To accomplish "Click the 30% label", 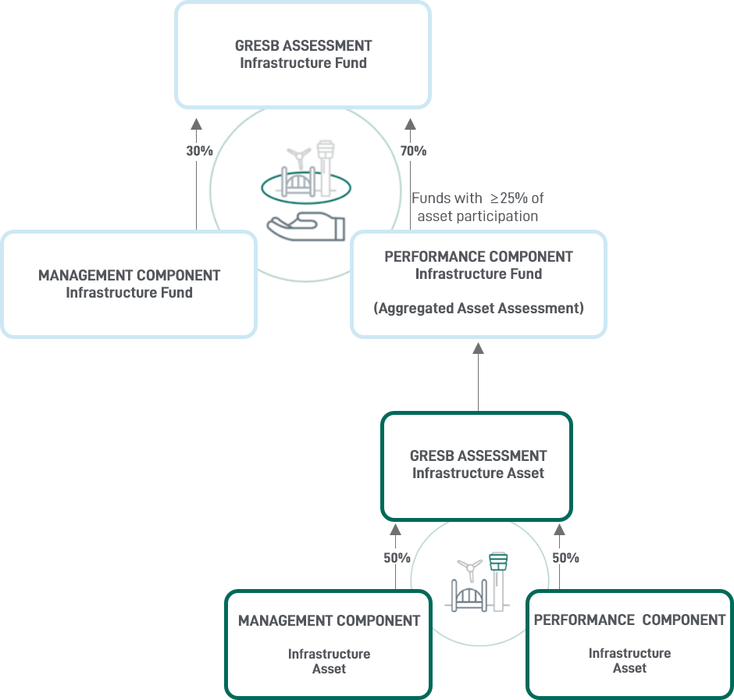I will click(199, 151).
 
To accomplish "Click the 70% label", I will click(413, 151).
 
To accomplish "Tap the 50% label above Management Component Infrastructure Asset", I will click(397, 558).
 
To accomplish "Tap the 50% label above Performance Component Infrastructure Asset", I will click(565, 558).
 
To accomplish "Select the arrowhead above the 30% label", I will click(196, 123).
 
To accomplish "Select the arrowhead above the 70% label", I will click(410, 123).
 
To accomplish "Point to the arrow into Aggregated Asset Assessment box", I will click(478, 348).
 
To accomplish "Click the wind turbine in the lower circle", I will click(469, 566).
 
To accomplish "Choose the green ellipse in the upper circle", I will click(305, 187).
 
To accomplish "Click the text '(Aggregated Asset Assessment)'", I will click(478, 308).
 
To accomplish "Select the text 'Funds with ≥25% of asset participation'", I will click(478, 207).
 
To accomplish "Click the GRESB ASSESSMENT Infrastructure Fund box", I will click(303, 54).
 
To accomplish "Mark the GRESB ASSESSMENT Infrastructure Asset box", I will click(477, 465).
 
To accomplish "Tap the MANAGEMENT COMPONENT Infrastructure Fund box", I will click(129, 284).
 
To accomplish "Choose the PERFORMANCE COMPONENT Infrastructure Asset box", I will click(629, 644).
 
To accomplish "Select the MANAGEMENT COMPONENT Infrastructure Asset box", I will click(329, 644).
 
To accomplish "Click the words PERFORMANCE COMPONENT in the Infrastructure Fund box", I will click(478, 256).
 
